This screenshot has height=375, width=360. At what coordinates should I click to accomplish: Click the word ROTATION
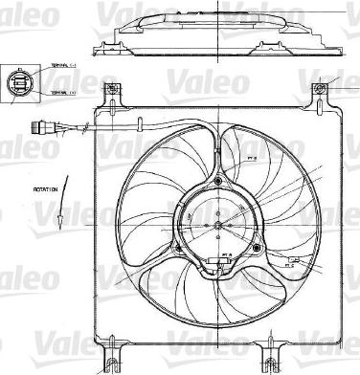46,189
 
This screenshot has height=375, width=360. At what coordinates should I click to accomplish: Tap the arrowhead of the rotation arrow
58,221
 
